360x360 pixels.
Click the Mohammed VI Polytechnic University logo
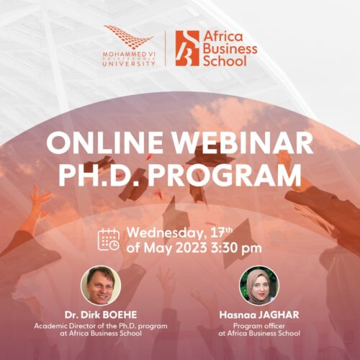click(x=129, y=46)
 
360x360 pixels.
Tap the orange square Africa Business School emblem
click(x=187, y=48)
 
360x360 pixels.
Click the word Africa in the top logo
click(x=223, y=37)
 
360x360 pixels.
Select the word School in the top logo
click(x=225, y=60)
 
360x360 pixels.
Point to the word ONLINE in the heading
click(x=104, y=143)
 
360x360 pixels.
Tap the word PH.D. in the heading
click(x=99, y=175)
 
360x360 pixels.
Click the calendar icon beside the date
click(x=109, y=240)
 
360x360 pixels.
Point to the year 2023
click(x=191, y=248)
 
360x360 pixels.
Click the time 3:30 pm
click(x=236, y=248)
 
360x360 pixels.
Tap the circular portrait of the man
click(x=101, y=285)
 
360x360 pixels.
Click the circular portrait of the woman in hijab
click(x=259, y=285)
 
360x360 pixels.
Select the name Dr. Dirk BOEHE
click(x=101, y=315)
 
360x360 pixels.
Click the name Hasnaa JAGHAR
click(x=259, y=315)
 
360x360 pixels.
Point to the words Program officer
click(x=259, y=326)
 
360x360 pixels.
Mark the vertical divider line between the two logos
click(x=166, y=48)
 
